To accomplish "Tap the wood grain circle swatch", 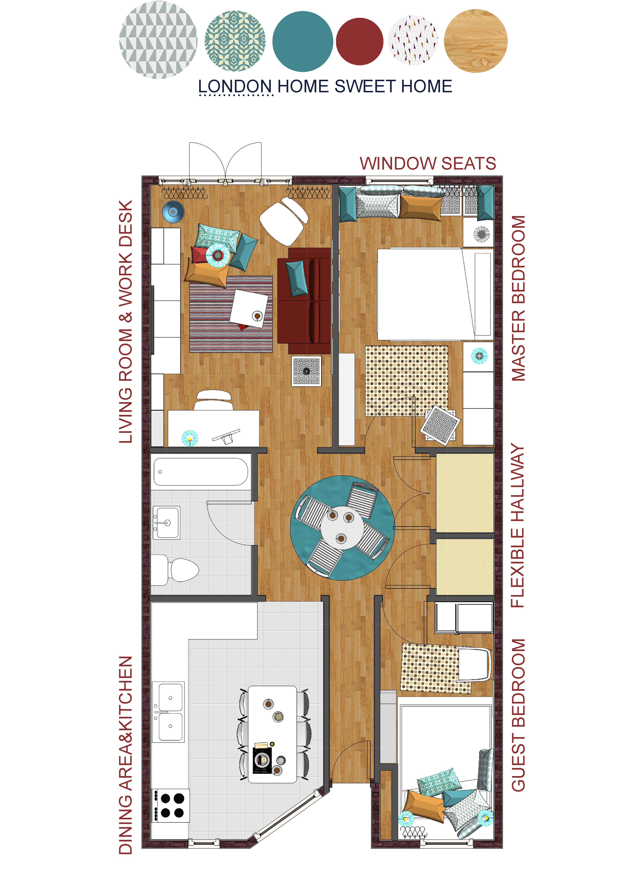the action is click(476, 41).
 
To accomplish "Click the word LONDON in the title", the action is click(235, 86).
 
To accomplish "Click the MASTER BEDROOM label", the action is click(518, 298).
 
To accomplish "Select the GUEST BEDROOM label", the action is click(518, 715).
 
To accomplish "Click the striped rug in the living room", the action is click(231, 314).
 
